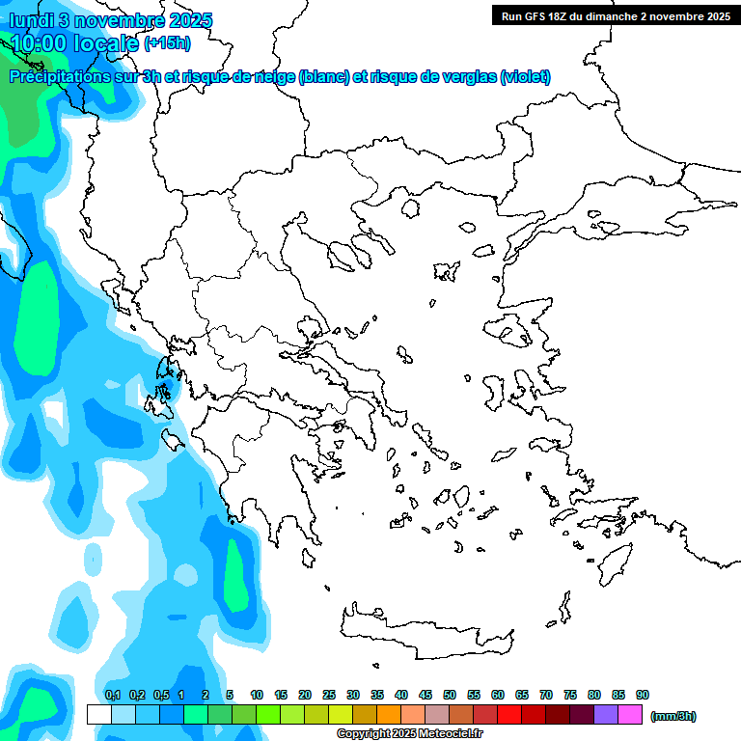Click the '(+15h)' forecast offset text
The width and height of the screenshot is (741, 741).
[167, 43]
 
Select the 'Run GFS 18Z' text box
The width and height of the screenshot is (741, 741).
[615, 15]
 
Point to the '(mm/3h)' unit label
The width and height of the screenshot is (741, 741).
[673, 716]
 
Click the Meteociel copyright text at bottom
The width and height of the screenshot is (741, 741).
[409, 733]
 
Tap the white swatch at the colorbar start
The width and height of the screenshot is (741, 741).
[98, 715]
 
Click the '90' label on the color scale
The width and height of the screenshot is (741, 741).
[643, 695]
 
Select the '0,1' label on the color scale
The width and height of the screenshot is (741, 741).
[112, 695]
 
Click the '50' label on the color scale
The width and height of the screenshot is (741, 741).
[450, 695]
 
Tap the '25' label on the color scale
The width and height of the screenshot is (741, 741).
[329, 695]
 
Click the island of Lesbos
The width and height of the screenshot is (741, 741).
[513, 333]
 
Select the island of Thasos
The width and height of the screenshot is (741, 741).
[409, 208]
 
